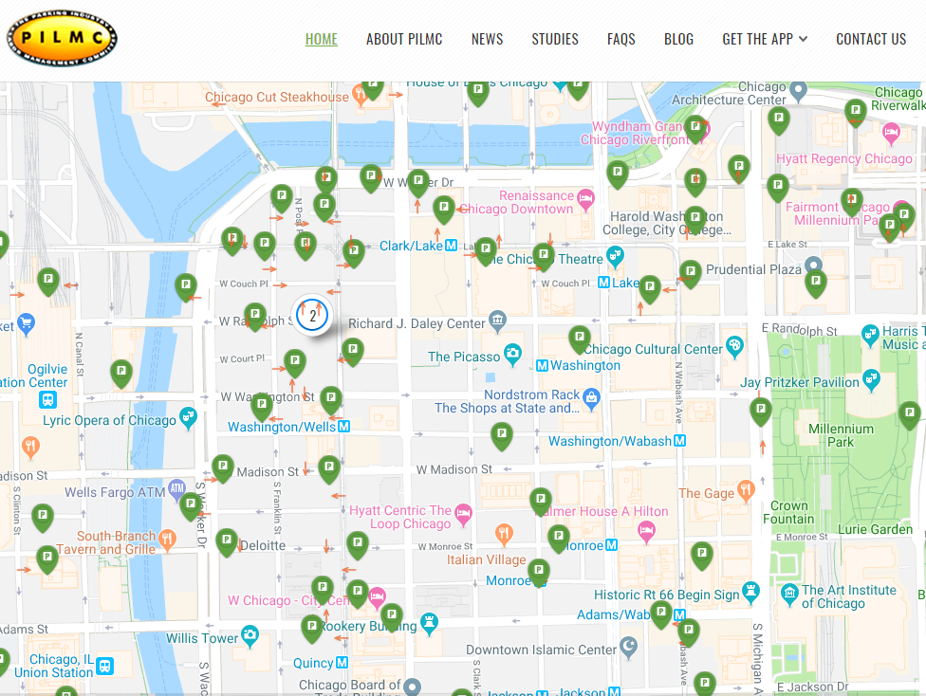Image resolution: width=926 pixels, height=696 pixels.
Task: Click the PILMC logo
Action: coord(63,39)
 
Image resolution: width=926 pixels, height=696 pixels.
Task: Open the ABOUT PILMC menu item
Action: coord(404,39)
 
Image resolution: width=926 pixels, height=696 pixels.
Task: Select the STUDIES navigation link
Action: coord(555,39)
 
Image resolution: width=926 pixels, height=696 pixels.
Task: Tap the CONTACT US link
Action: coord(871,39)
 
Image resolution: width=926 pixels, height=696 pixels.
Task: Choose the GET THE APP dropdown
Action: coord(765,39)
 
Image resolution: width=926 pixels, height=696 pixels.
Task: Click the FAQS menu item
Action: coord(621,39)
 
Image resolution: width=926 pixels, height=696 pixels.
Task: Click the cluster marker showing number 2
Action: coord(312,315)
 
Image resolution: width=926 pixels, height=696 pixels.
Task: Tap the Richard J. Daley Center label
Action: coord(417,323)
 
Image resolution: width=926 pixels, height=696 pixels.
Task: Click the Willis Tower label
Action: coord(202,638)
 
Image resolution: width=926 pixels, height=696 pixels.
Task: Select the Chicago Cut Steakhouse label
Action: coord(277,97)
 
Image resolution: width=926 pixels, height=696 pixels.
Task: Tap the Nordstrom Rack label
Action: coord(531,394)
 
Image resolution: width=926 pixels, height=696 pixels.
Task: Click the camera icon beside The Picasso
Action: coord(513,356)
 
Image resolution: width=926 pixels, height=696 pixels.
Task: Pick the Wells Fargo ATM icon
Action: coord(177,489)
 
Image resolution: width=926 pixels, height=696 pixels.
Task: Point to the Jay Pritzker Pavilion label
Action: coord(800,382)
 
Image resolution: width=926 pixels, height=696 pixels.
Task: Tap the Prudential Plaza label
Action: coord(754,269)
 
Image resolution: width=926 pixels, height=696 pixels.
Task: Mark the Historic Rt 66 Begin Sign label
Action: coord(667,595)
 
